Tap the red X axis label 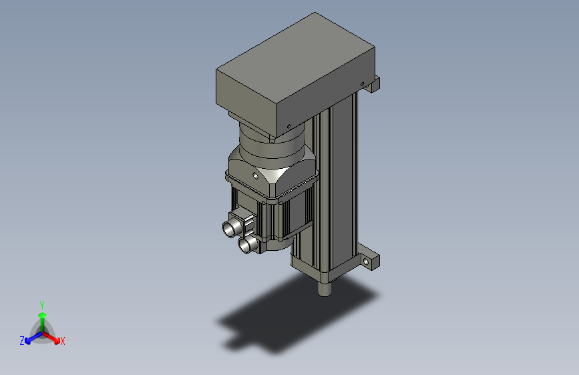[x=63, y=341]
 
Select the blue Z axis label [x=22, y=340]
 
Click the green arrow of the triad [x=42, y=316]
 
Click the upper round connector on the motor [x=231, y=228]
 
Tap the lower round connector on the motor [x=246, y=246]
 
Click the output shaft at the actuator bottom [x=325, y=290]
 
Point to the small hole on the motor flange [x=255, y=175]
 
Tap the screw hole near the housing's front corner [x=288, y=125]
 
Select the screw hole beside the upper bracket [x=363, y=84]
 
